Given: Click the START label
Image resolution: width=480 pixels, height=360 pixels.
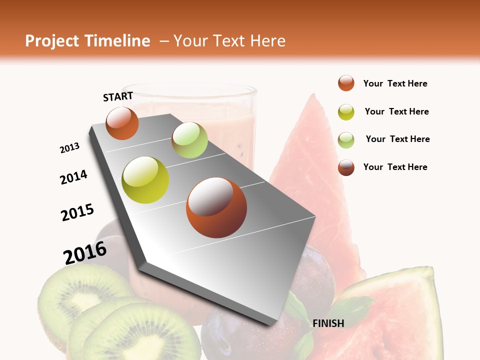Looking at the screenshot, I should pyautogui.click(x=118, y=96).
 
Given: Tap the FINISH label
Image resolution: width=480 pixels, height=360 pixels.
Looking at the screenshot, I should pyautogui.click(x=328, y=323).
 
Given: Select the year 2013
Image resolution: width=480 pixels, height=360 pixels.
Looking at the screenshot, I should pyautogui.click(x=69, y=148).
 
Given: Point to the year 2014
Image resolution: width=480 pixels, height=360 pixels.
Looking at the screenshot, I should pyautogui.click(x=73, y=177).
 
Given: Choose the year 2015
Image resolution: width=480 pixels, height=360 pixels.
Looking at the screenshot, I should pyautogui.click(x=77, y=212).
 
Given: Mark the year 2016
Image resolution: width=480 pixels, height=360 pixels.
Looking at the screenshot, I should pyautogui.click(x=85, y=252).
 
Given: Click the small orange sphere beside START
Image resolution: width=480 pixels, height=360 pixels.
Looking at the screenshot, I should pyautogui.click(x=122, y=123).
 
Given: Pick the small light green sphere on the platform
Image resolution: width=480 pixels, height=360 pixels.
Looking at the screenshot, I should pyautogui.click(x=189, y=140).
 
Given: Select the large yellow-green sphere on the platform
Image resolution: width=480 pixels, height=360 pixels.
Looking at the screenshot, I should pyautogui.click(x=145, y=180).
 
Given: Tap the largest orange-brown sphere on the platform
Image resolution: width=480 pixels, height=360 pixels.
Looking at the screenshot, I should pyautogui.click(x=216, y=207).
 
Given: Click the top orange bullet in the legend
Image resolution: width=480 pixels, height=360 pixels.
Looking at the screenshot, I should pyautogui.click(x=346, y=83).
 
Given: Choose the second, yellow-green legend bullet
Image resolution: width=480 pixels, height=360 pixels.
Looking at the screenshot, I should pyautogui.click(x=346, y=112).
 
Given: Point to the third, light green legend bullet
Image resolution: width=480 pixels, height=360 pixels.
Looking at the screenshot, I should pyautogui.click(x=346, y=139).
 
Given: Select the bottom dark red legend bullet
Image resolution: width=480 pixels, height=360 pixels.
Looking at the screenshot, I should pyautogui.click(x=346, y=167).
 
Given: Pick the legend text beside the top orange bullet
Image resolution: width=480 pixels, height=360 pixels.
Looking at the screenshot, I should pyautogui.click(x=395, y=83).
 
